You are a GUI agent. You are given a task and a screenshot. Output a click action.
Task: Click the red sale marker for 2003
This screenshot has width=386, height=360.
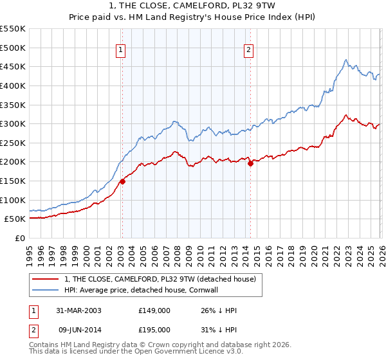122,181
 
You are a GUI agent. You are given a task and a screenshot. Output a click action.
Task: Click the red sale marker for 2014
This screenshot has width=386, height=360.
250,164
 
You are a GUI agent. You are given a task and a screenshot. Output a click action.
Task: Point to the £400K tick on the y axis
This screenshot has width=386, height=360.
14,85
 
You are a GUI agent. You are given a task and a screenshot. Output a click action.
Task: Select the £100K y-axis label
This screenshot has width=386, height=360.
14,200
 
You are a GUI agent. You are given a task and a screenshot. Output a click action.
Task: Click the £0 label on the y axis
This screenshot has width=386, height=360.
20,238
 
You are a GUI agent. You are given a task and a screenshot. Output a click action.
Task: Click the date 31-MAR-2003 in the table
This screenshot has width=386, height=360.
78,310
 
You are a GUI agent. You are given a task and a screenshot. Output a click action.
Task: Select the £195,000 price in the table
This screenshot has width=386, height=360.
154,329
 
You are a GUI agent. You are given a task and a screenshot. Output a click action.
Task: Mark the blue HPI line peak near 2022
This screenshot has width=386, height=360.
345,60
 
